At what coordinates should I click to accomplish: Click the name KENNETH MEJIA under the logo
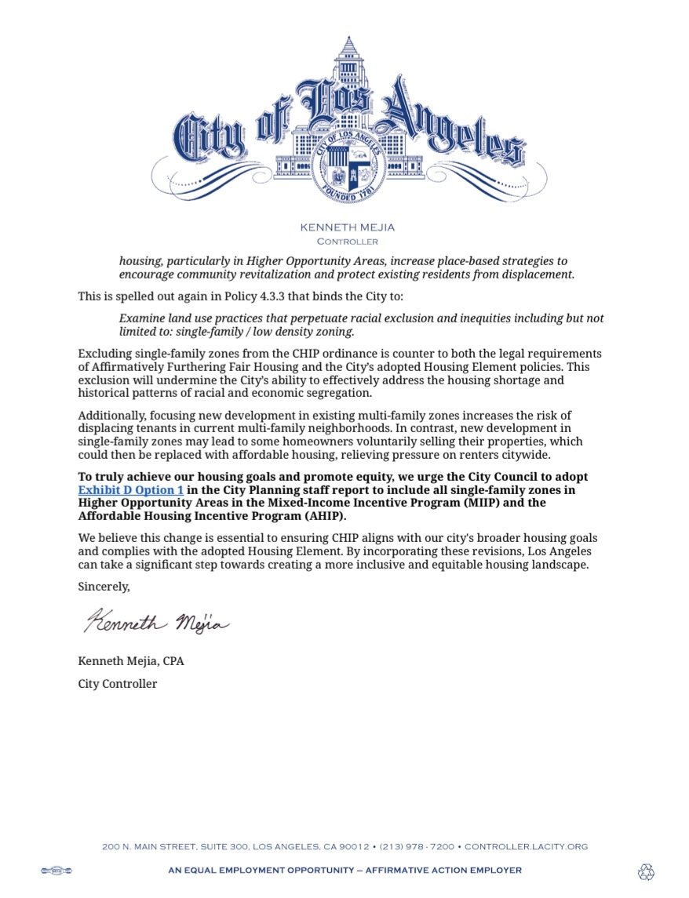pos(347,227)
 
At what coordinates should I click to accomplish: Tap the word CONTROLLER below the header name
pos(347,242)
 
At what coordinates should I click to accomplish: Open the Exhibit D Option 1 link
pos(130,490)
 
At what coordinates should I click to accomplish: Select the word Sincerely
pos(104,586)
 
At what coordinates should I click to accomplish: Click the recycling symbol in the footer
pos(646,871)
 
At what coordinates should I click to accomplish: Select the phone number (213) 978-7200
pos(417,847)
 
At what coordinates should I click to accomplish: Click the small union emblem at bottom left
pos(56,871)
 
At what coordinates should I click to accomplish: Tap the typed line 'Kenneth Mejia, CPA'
pos(131,661)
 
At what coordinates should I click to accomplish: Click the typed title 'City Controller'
pos(118,684)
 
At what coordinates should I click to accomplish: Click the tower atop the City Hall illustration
pos(345,63)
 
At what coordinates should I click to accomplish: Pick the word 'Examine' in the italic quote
pos(141,318)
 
